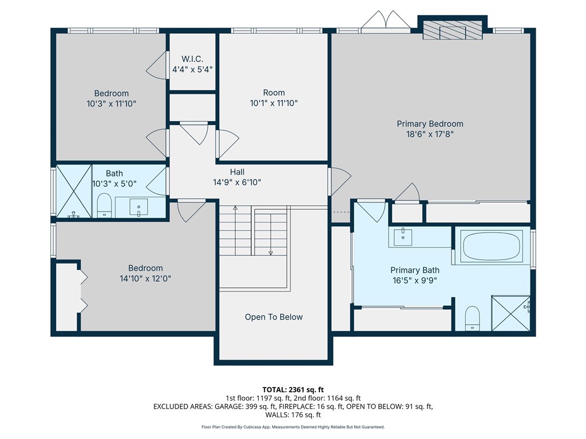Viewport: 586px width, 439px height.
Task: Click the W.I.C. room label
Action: (x=192, y=58)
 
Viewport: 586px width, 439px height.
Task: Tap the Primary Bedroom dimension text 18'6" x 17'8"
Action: (x=430, y=134)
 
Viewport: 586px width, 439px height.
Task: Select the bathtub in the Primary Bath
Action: (x=492, y=246)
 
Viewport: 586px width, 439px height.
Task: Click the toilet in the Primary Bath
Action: (x=472, y=318)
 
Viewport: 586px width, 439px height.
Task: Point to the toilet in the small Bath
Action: (x=104, y=206)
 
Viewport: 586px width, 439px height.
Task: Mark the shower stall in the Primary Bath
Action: (x=511, y=313)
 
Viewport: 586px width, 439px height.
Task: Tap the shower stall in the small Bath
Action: (x=73, y=191)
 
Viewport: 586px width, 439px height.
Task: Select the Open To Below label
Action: (x=274, y=317)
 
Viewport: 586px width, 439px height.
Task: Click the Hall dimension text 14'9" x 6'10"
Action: (x=237, y=182)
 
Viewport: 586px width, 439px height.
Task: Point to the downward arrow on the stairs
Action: (x=271, y=252)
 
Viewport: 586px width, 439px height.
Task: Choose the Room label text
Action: (x=274, y=93)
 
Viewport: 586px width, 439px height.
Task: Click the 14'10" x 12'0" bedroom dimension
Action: (x=145, y=278)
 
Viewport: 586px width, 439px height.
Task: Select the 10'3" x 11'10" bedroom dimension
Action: (x=112, y=103)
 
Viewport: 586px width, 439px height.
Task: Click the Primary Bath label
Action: (x=414, y=270)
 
